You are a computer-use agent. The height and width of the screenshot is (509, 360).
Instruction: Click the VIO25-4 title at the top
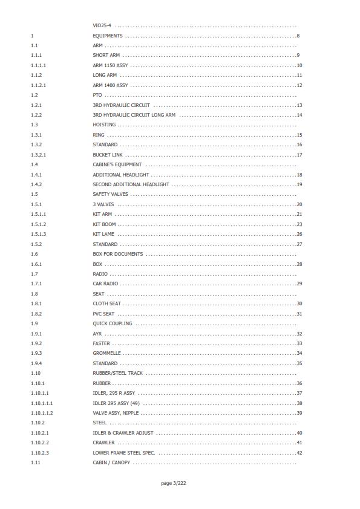tap(103, 26)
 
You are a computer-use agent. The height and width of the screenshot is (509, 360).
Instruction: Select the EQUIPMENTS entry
tap(107, 36)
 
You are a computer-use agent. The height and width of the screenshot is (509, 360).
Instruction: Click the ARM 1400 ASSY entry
tap(110, 85)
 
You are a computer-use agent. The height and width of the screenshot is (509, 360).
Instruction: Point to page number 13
tap(299, 105)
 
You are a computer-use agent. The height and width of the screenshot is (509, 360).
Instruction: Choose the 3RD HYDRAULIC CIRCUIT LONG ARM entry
tap(134, 115)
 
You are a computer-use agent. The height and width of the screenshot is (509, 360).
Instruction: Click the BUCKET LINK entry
tap(107, 155)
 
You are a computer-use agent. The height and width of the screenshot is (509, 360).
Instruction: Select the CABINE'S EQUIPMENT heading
tap(117, 164)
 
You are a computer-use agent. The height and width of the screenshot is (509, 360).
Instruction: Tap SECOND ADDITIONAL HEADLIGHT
tap(131, 184)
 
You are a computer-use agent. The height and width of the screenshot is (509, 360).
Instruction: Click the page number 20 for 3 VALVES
tap(299, 204)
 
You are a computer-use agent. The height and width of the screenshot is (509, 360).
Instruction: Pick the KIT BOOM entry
tap(104, 224)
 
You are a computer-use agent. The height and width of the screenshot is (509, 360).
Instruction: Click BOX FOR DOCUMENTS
tap(117, 254)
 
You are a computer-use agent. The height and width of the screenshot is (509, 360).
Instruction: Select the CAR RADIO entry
tap(105, 284)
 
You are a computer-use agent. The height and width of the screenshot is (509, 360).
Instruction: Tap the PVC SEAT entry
tap(103, 314)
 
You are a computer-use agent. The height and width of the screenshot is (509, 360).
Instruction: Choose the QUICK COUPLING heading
tap(112, 323)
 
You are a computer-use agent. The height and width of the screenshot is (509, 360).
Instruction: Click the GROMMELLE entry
tap(106, 353)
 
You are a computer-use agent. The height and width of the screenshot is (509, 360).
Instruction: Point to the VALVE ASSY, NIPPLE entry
tap(116, 413)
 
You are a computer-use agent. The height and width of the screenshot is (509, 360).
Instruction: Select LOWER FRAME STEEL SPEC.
tap(124, 453)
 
